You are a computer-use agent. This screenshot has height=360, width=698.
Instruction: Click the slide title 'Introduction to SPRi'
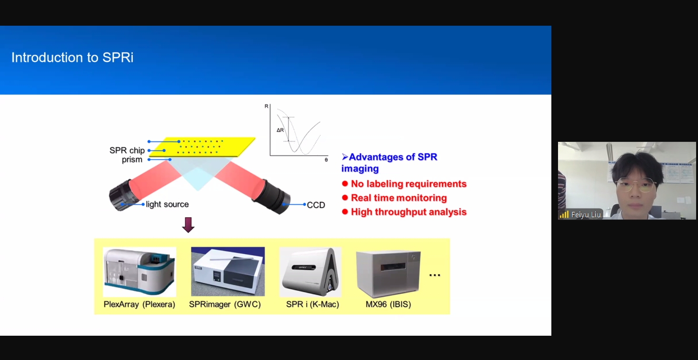[x=72, y=58]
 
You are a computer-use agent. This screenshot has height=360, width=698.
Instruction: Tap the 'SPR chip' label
[x=127, y=150]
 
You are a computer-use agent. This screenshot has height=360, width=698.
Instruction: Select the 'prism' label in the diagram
[x=132, y=160]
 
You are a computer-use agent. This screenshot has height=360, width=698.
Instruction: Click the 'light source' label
[x=167, y=204]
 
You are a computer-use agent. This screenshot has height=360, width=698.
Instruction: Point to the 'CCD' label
[x=316, y=205]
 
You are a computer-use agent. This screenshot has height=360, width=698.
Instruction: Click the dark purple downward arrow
[x=188, y=225]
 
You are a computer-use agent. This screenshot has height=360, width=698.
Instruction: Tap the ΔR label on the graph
[x=280, y=130]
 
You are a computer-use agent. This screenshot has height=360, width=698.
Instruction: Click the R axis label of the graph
[x=267, y=106]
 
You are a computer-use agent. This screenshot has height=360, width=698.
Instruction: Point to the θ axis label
[x=326, y=160]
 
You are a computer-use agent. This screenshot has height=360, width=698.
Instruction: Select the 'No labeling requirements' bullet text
[x=409, y=184]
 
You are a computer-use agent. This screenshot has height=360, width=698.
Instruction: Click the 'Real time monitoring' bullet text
[x=399, y=198]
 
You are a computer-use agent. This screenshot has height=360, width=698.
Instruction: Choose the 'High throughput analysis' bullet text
[x=409, y=212]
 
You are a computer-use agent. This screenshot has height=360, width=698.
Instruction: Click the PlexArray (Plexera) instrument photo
[x=140, y=272]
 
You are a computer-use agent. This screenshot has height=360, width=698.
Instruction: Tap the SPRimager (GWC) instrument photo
[x=228, y=271]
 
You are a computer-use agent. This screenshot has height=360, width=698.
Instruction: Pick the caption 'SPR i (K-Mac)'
[x=312, y=304]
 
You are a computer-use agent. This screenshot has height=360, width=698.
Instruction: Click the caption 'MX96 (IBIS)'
[x=388, y=304]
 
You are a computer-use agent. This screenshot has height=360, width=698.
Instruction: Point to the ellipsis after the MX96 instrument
[x=435, y=275]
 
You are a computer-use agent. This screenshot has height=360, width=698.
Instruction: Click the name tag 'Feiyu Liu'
[x=586, y=215]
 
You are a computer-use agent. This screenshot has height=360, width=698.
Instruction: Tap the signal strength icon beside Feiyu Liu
[x=564, y=214]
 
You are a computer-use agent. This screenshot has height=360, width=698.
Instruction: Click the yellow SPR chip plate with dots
[x=202, y=147]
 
